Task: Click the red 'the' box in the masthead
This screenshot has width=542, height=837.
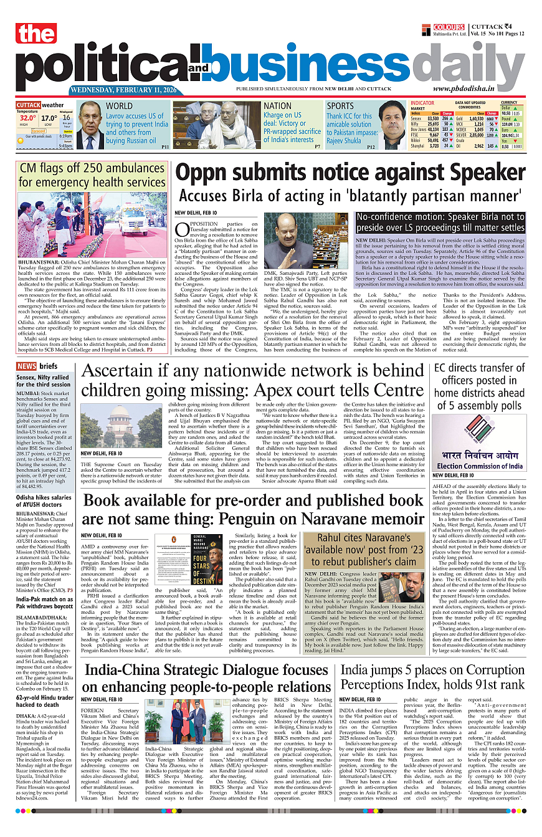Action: click(37, 34)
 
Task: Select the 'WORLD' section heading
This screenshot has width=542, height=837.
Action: click(119, 106)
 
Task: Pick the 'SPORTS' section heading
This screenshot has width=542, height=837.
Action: click(340, 106)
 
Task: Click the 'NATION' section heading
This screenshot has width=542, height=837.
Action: click(277, 106)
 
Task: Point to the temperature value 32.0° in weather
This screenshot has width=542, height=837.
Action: click(27, 118)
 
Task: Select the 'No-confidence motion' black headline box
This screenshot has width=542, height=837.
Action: click(440, 222)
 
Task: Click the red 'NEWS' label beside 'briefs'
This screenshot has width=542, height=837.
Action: click(26, 366)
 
